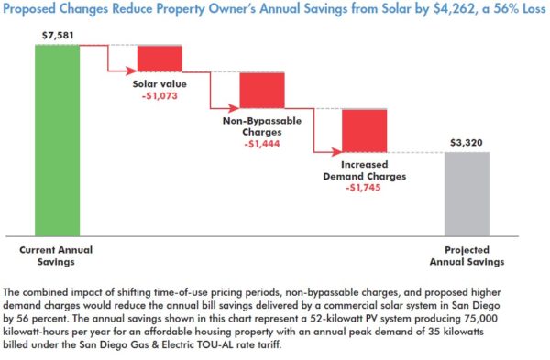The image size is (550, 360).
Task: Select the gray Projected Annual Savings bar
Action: coord(467,192)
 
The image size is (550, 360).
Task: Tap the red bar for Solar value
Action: coord(159,58)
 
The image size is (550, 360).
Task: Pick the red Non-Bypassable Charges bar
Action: coord(263,90)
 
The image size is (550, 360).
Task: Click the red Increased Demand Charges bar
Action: coord(364,130)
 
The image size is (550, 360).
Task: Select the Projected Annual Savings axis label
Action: coord(474,255)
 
